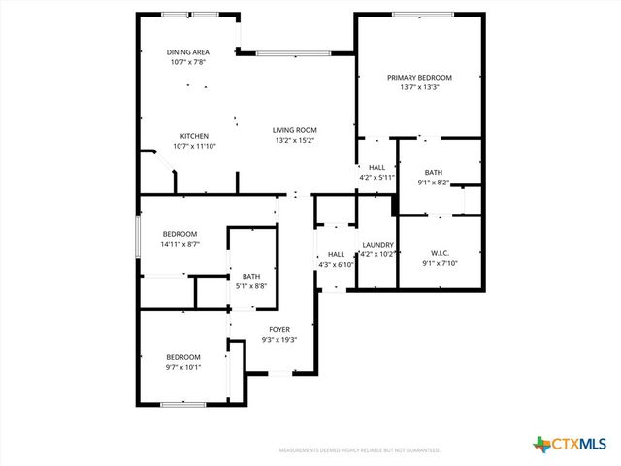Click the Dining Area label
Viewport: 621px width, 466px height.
[x=188, y=52]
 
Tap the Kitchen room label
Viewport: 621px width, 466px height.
[x=194, y=136]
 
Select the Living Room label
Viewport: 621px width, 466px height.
[x=295, y=130]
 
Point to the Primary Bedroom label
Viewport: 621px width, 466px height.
[x=419, y=78]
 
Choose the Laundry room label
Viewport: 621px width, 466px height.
[x=377, y=245]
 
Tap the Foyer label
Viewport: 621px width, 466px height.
[x=279, y=330]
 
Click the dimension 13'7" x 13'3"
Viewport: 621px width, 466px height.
[x=419, y=87]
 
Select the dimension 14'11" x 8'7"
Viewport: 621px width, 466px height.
[x=180, y=244]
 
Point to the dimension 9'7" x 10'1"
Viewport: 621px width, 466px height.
[x=182, y=367]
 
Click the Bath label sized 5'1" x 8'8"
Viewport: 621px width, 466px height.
[x=251, y=276]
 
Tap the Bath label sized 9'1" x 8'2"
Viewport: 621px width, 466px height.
[x=433, y=172]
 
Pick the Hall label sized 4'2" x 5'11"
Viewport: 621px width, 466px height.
[x=376, y=168]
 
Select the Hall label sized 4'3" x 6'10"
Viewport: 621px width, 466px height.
[x=336, y=254]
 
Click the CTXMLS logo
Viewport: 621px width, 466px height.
[x=572, y=445]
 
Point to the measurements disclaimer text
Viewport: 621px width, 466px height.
[x=359, y=450]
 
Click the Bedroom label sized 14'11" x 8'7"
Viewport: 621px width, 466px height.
[x=180, y=234]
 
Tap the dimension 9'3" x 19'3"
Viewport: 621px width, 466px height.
[x=279, y=340]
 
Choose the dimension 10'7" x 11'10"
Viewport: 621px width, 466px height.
[x=194, y=146]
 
